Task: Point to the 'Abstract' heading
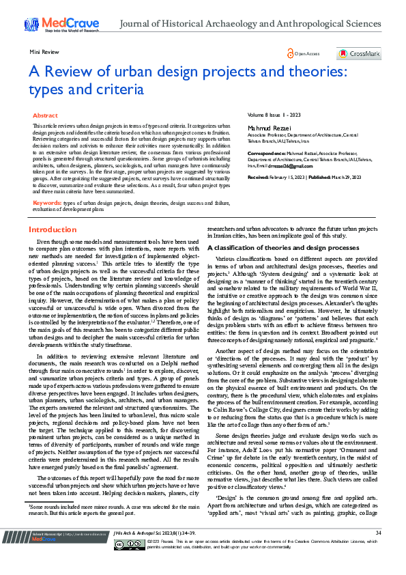coord(45,116)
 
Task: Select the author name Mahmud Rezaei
coord(267,127)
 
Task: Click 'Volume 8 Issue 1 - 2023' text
coord(274,116)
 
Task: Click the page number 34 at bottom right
coord(378,552)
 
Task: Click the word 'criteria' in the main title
coord(121,89)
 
